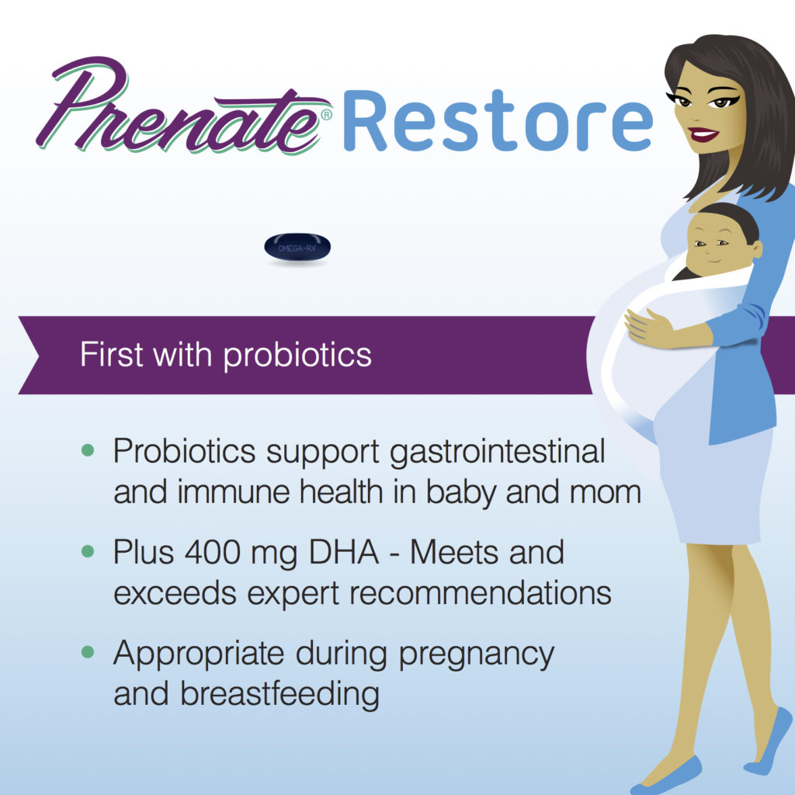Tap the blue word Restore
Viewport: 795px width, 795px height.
[x=497, y=120]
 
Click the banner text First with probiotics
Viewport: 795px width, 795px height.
[x=225, y=355]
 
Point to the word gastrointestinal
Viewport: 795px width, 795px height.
[x=497, y=451]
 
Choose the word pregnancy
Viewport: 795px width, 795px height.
[x=476, y=654]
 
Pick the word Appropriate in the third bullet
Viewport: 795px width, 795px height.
[x=198, y=654]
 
